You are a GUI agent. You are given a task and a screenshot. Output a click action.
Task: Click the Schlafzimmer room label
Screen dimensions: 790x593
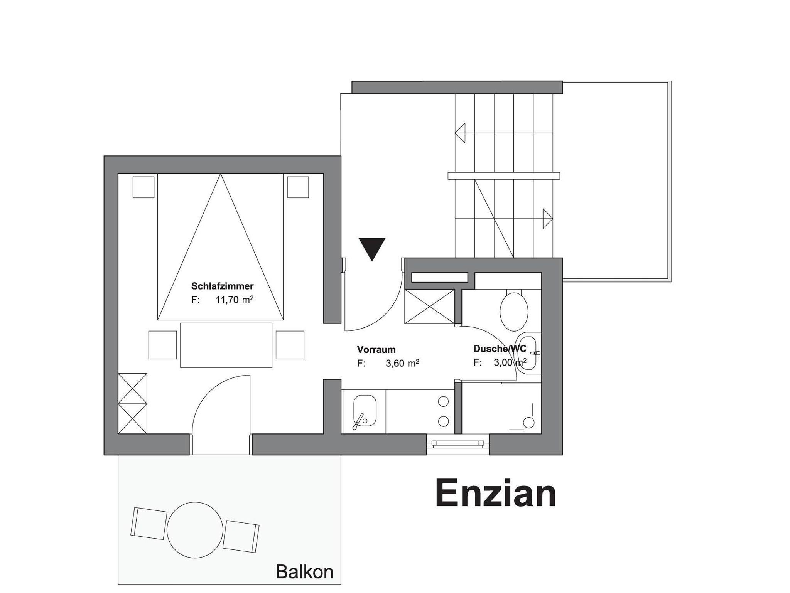tap(222, 286)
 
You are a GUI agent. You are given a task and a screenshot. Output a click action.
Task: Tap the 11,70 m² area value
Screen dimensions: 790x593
tap(234, 300)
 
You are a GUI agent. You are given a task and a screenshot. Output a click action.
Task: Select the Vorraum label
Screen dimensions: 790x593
tap(376, 350)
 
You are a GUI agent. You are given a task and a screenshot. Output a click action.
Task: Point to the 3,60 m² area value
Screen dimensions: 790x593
tap(402, 363)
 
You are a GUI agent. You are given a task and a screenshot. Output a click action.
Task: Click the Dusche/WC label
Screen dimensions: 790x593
tap(500, 349)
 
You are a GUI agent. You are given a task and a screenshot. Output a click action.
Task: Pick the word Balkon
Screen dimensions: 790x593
tap(304, 572)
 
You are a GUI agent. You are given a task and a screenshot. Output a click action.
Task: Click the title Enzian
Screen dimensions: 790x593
tap(496, 494)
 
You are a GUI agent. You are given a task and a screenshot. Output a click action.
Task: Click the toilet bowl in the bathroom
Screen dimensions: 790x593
tap(514, 312)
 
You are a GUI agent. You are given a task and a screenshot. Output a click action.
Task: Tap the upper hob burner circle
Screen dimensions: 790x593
tap(444, 402)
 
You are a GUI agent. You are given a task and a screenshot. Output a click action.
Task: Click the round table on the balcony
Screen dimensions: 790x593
tap(195, 529)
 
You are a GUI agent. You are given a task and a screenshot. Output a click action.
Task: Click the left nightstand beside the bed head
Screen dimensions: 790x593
tap(143, 187)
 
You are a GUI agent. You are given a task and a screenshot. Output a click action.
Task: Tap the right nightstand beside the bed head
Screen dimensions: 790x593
tap(298, 187)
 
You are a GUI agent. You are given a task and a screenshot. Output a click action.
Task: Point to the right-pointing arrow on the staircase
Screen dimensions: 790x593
tap(548, 219)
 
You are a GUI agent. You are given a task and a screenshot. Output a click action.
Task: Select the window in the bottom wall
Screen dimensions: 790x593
tap(458, 444)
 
